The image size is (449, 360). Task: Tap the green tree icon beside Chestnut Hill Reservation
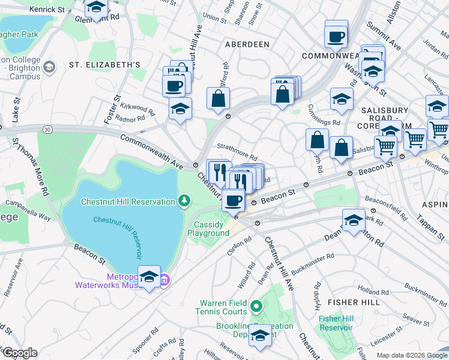[185, 200]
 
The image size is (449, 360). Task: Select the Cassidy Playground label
[211, 228]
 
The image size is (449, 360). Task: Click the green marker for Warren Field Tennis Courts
[256, 307]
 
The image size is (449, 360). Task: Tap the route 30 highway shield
[48, 129]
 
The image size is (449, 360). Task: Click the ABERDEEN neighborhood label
[247, 44]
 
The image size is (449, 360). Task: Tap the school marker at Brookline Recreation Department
[260, 335]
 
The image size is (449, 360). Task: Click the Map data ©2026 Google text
[412, 355]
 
